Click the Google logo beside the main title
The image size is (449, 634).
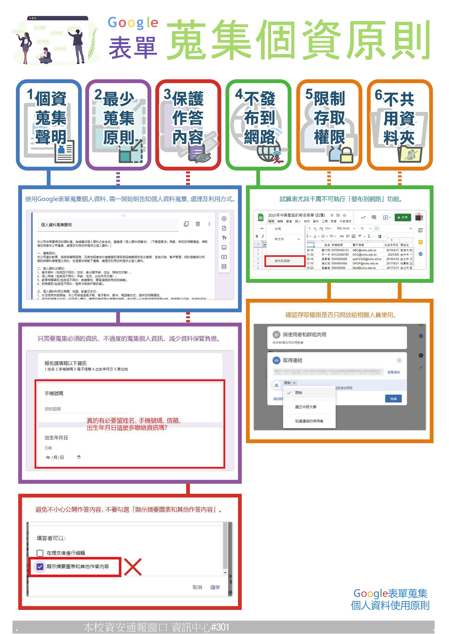pos(133,23)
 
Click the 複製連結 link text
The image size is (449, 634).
pos(393,372)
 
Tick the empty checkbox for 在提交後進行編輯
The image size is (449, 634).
pos(40,553)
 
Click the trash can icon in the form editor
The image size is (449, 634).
pos(198,224)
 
